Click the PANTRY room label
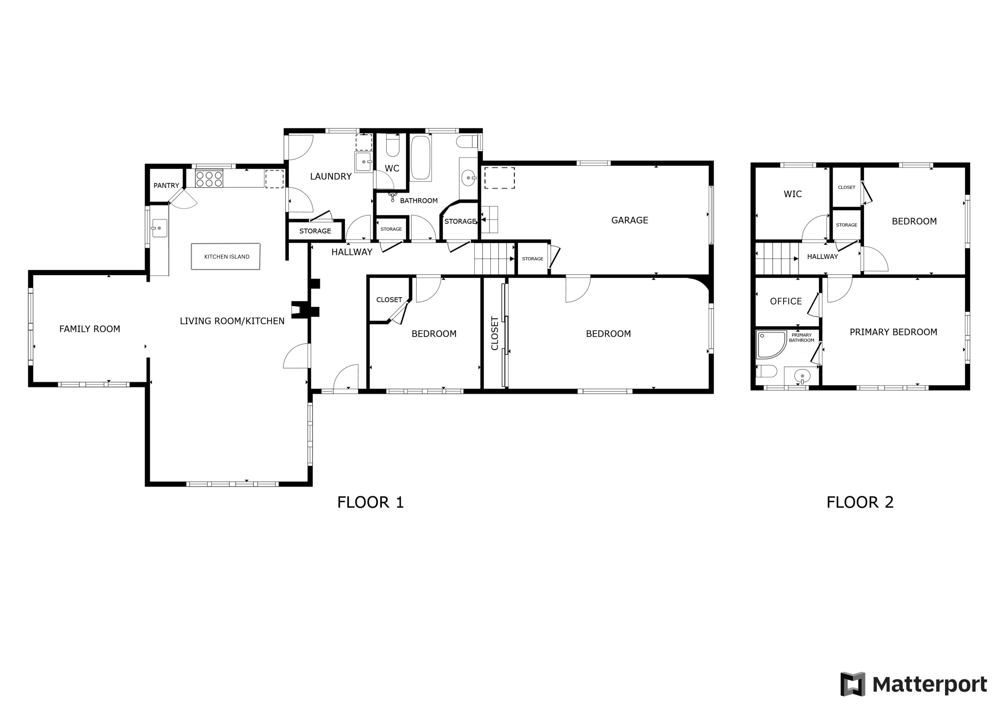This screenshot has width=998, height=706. pos(166,185)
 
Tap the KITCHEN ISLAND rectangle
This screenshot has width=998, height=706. pos(226,256)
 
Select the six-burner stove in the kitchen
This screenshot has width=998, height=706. pos(209,179)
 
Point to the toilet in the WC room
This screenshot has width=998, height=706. pos(393,145)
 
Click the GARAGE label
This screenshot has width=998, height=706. pos(629,220)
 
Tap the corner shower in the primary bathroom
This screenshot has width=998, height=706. pos(771,344)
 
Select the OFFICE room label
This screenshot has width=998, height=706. pos(786,301)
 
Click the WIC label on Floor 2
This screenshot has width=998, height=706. pos(793,194)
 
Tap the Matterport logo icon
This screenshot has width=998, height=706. pos(853,684)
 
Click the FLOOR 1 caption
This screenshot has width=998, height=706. pos(371,502)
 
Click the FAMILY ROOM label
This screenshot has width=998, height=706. pos(89,329)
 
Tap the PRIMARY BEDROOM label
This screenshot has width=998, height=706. pos(893,332)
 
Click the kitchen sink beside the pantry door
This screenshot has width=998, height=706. pos(159,228)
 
